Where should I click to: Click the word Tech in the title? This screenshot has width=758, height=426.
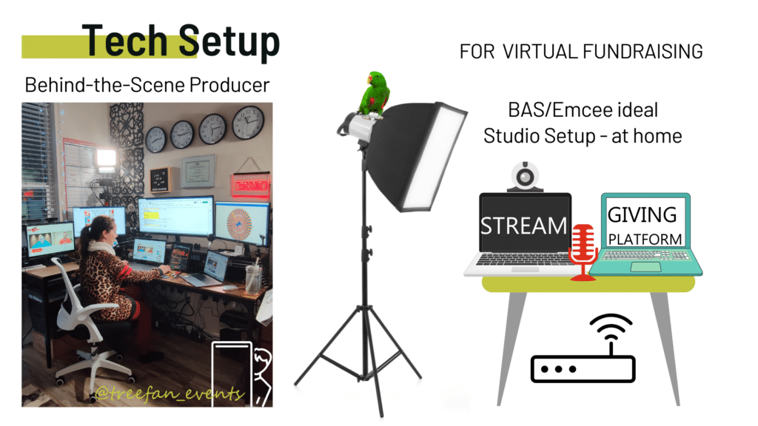tap(124, 41)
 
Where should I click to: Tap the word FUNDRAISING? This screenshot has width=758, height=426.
tap(643, 52)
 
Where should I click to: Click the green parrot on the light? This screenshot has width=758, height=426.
tap(374, 94)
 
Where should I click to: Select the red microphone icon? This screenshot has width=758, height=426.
tap(583, 251)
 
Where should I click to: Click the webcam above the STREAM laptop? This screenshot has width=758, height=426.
tap(525, 177)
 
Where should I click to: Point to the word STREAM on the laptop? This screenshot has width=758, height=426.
tap(523, 226)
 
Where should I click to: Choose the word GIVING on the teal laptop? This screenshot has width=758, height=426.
tap(642, 215)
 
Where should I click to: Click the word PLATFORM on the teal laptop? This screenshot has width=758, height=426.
tap(645, 239)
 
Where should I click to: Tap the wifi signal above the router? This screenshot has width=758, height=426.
tap(611, 328)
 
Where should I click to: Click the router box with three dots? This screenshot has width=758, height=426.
tap(583, 369)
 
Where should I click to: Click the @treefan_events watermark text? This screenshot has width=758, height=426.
tap(170, 393)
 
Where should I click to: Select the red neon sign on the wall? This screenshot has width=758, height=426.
tap(251, 185)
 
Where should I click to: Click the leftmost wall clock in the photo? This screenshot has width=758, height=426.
tap(155, 140)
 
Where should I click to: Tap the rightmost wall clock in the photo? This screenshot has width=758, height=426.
tap(248, 122)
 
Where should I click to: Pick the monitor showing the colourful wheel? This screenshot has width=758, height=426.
tap(242, 224)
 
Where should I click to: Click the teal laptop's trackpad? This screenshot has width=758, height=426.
tap(645, 266)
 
